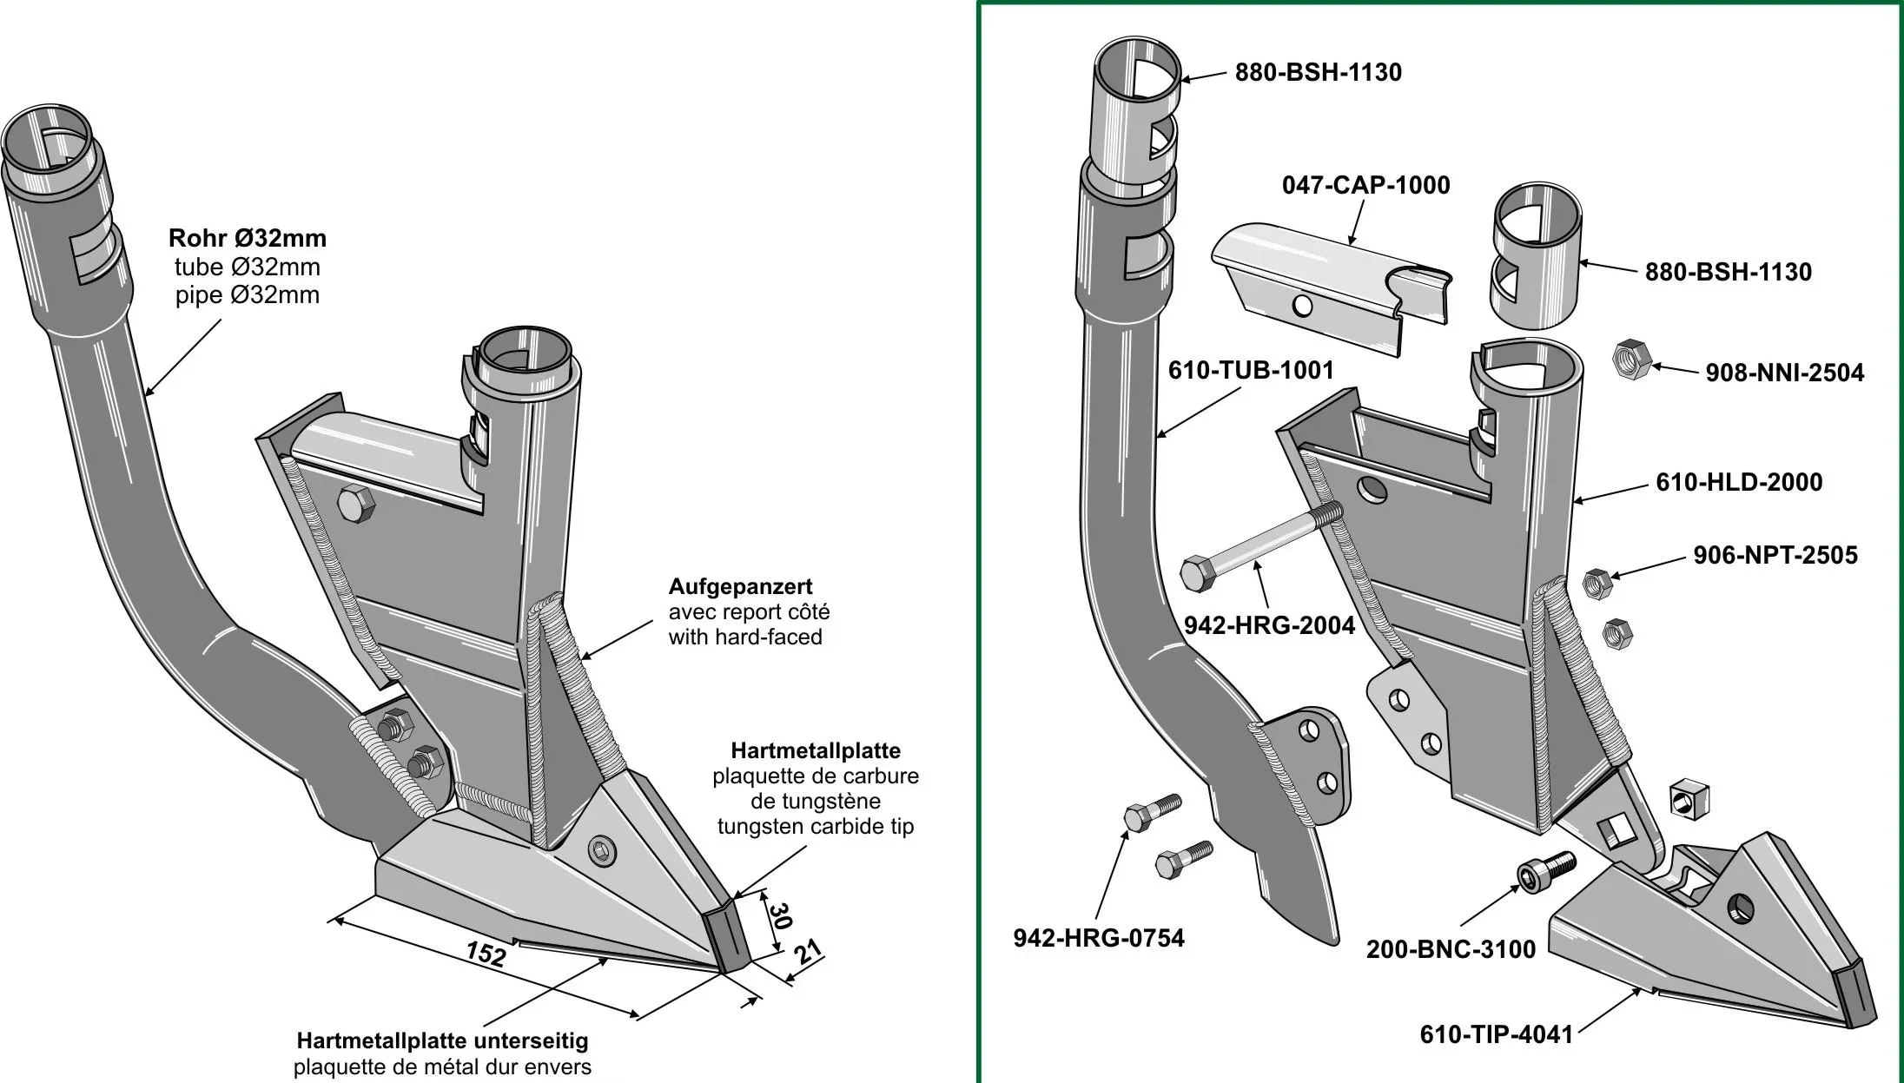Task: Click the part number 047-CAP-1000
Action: click(1365, 185)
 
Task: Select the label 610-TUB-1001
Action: click(1250, 370)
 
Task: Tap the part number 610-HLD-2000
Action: click(1739, 482)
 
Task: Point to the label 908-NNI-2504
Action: click(1784, 373)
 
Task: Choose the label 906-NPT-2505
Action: click(1775, 555)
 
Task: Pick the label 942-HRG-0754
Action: click(1098, 938)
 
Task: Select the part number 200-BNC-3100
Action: click(1451, 949)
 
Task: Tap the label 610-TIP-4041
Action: click(1496, 1034)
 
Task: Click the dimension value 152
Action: click(485, 954)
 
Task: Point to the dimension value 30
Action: click(780, 915)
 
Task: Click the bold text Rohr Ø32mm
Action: click(248, 238)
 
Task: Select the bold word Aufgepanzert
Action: click(740, 586)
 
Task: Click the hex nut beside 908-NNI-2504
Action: click(1630, 359)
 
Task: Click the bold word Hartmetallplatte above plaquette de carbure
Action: click(815, 750)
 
